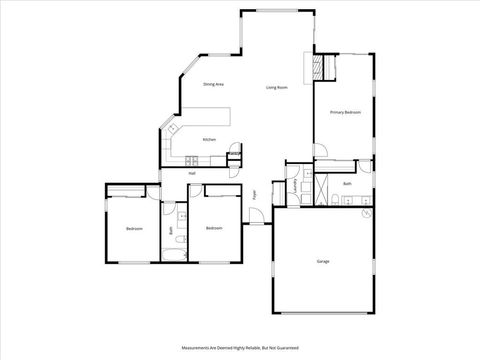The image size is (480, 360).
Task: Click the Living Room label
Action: click(x=277, y=88)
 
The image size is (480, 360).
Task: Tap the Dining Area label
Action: click(x=213, y=84)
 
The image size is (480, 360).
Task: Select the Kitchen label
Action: click(x=210, y=139)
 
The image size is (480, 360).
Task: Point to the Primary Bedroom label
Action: click(x=345, y=113)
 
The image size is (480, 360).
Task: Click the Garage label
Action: click(x=323, y=261)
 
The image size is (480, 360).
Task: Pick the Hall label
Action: click(x=191, y=173)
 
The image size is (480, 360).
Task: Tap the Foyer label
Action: click(x=256, y=193)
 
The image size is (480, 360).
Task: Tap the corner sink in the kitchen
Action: click(x=172, y=129)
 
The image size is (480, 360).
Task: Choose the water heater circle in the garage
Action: click(x=367, y=213)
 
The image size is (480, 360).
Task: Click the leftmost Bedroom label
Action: click(x=134, y=229)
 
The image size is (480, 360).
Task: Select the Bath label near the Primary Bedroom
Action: click(x=347, y=184)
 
